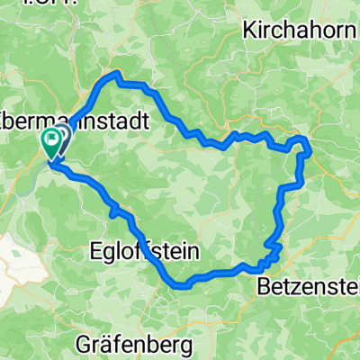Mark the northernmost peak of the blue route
114,74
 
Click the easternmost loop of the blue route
302,148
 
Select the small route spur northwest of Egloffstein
113,211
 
